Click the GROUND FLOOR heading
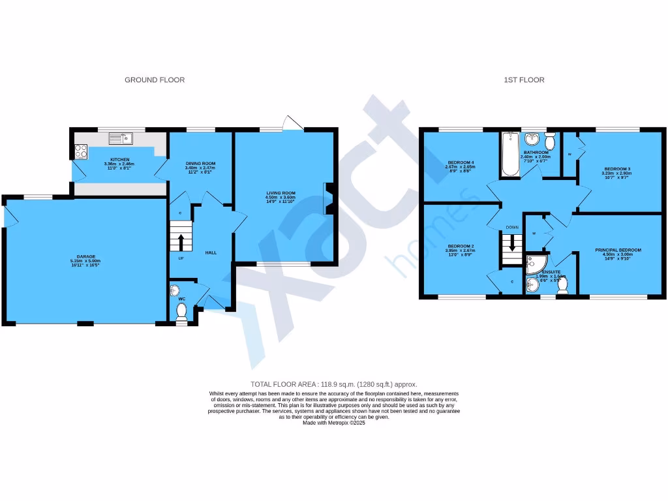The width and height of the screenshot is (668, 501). (155, 80)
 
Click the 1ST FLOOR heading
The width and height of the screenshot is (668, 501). (524, 80)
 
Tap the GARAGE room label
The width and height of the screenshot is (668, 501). (85, 257)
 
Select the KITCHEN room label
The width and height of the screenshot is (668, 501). (119, 160)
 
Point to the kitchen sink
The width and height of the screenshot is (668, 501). (120, 138)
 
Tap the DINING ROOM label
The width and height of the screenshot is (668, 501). (200, 164)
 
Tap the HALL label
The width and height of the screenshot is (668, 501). (211, 252)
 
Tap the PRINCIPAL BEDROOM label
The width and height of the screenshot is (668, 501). (618, 250)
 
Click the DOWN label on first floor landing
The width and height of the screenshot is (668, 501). (512, 228)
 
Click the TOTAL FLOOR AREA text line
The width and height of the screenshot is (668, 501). (333, 384)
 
